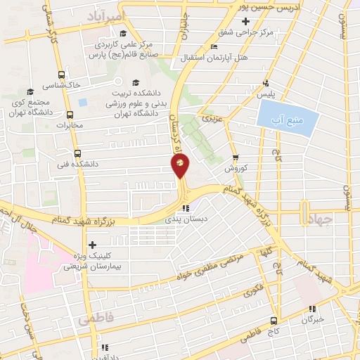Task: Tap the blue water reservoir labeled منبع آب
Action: pos(283,114)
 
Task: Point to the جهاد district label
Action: pos(319,220)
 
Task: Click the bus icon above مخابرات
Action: pos(70,115)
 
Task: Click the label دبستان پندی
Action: pos(181,219)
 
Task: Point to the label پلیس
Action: pos(265,93)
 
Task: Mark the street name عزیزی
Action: pos(213,120)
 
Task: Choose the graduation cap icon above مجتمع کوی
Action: pos(30,91)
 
